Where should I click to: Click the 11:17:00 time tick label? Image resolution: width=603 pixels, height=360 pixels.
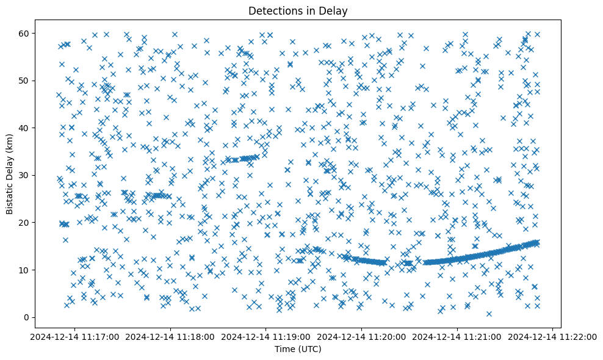coord(76,336)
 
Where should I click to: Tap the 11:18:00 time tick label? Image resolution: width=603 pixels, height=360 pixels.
coord(171,336)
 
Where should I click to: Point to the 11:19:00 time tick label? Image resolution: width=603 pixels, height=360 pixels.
coord(267,336)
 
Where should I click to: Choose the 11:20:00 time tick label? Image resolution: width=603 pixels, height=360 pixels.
coord(362,336)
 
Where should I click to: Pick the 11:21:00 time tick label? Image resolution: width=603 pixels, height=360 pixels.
coord(458,336)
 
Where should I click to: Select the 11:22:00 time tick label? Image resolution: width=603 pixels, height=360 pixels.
coord(553,336)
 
